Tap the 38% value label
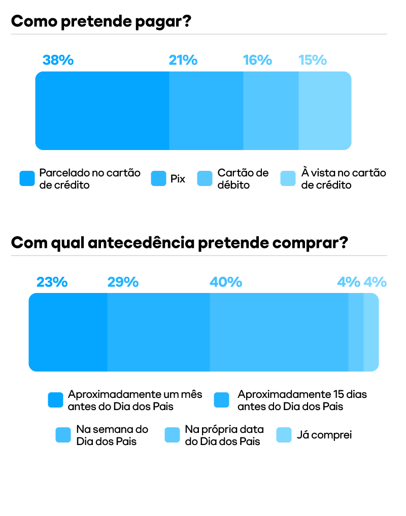58,60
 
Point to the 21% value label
183,60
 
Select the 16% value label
257,60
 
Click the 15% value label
312,60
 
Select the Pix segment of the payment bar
206,110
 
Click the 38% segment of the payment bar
102,110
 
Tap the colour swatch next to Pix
159,179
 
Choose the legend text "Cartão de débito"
243,179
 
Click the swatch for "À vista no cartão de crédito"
288,179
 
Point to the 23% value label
52,282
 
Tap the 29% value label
123,282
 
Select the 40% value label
226,282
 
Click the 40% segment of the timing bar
279,332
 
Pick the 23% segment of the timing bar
68,332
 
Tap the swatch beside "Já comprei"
284,435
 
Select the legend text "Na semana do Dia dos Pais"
112,435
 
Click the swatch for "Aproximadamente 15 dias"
222,400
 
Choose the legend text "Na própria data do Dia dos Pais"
224,435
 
